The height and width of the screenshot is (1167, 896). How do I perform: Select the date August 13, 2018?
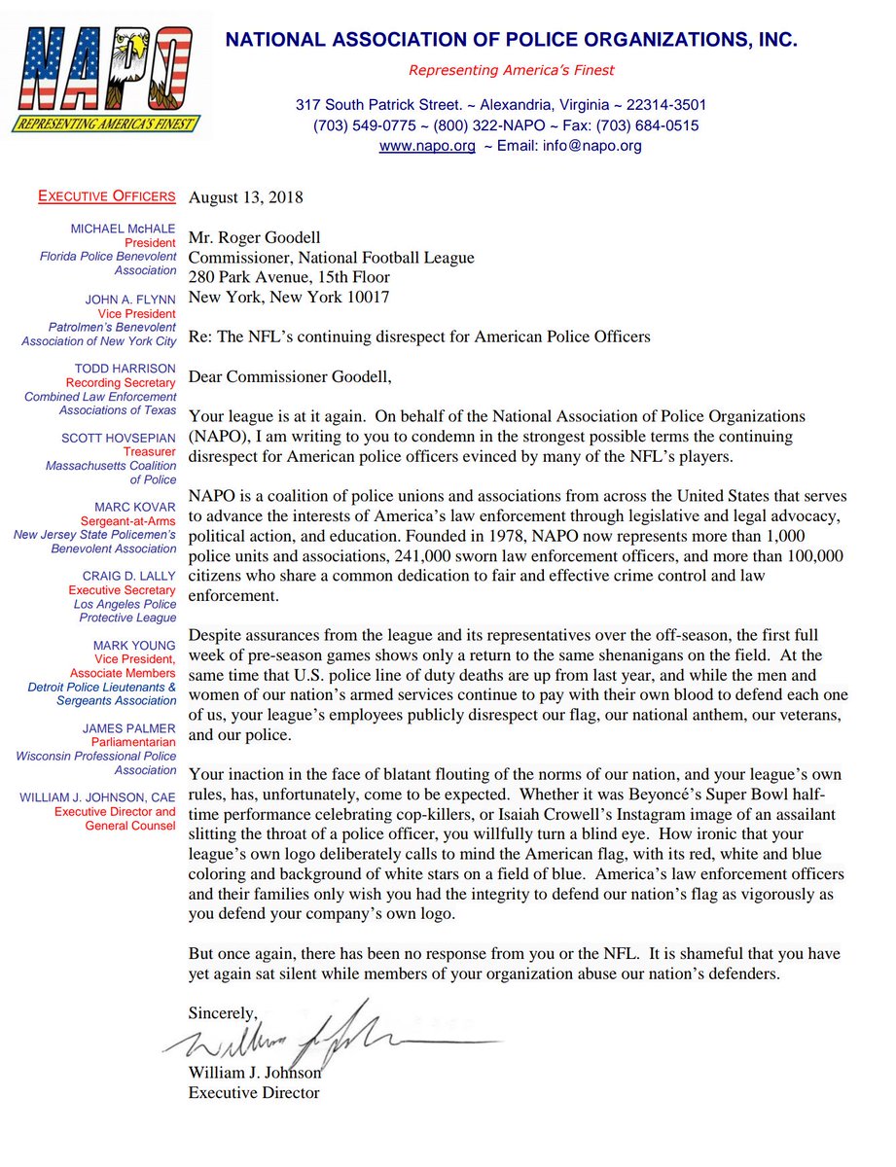pyautogui.click(x=245, y=197)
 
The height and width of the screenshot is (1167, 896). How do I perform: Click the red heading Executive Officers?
pyautogui.click(x=106, y=196)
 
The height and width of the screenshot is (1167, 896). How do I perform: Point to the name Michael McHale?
pyautogui.click(x=124, y=229)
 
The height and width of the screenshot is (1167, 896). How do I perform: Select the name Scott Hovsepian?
pyautogui.click(x=124, y=439)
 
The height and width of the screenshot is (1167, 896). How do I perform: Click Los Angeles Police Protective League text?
pyautogui.click(x=123, y=611)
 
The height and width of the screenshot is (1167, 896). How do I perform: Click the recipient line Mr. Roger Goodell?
pyautogui.click(x=254, y=238)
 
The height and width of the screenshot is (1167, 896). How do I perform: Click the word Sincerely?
pyautogui.click(x=224, y=1012)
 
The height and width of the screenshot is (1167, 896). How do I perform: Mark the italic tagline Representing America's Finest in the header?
pyautogui.click(x=511, y=70)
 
